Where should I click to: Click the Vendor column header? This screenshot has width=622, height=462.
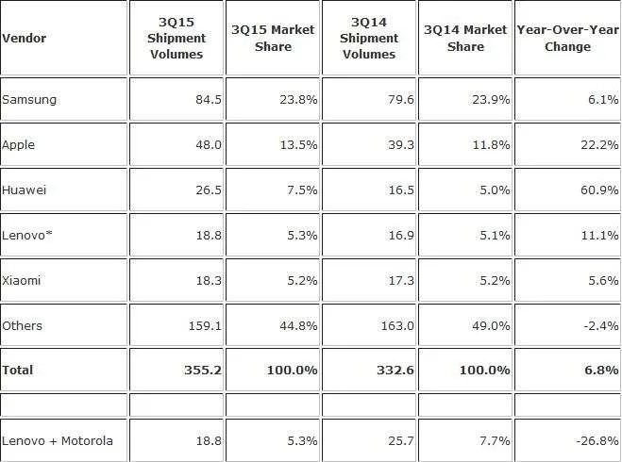(x=25, y=39)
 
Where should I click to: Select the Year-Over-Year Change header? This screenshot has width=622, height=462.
(x=567, y=38)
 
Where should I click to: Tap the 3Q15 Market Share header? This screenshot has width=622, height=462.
(x=273, y=38)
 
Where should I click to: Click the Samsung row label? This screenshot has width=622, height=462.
(x=29, y=99)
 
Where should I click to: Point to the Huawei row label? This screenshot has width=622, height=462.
(x=25, y=190)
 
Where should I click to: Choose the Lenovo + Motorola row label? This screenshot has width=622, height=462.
(x=58, y=440)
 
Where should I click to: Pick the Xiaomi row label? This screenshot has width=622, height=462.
(x=22, y=281)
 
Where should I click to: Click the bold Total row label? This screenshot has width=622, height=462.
(x=17, y=371)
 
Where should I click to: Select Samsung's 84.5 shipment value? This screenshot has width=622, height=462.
(x=209, y=99)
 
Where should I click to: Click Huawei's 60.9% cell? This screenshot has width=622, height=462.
(x=599, y=190)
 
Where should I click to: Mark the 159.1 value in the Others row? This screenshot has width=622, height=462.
(x=205, y=325)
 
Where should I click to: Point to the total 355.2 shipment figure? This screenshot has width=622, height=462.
(x=203, y=371)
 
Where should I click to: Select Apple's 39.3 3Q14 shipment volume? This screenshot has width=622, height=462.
(x=400, y=144)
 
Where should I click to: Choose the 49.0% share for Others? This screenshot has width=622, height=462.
(x=491, y=325)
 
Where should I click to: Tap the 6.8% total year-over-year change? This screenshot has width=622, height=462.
(x=601, y=371)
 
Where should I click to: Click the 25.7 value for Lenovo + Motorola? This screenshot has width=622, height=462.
(x=400, y=440)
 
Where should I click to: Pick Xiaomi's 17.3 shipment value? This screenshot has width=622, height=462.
(x=400, y=281)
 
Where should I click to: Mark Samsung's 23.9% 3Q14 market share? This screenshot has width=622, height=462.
(x=491, y=99)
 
